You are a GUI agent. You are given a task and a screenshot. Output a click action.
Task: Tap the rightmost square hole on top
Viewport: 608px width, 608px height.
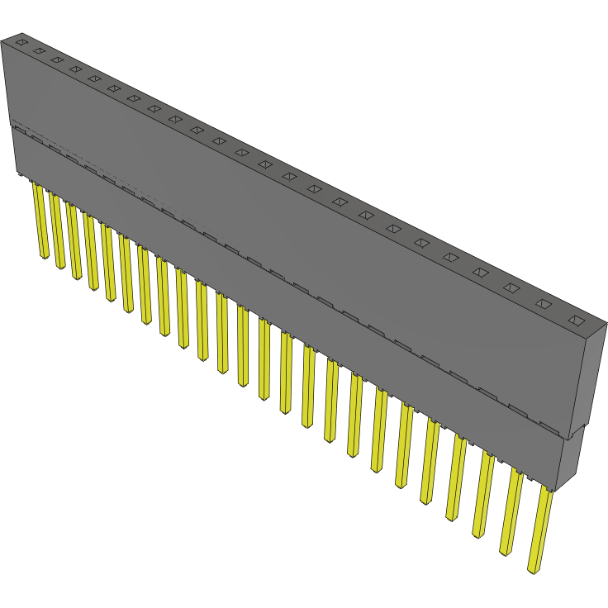pyautogui.click(x=576, y=321)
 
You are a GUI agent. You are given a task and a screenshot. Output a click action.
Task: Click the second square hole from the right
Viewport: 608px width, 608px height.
pyautogui.click(x=543, y=304)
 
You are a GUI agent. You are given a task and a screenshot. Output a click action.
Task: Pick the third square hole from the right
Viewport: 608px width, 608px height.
pyautogui.click(x=511, y=287)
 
